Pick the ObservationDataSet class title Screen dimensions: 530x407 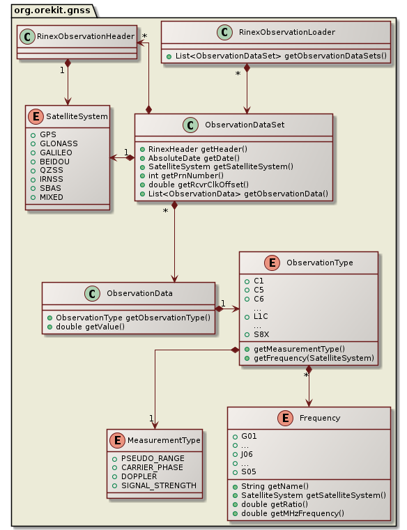coord(244,124)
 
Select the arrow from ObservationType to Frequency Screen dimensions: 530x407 coord(308,387)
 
